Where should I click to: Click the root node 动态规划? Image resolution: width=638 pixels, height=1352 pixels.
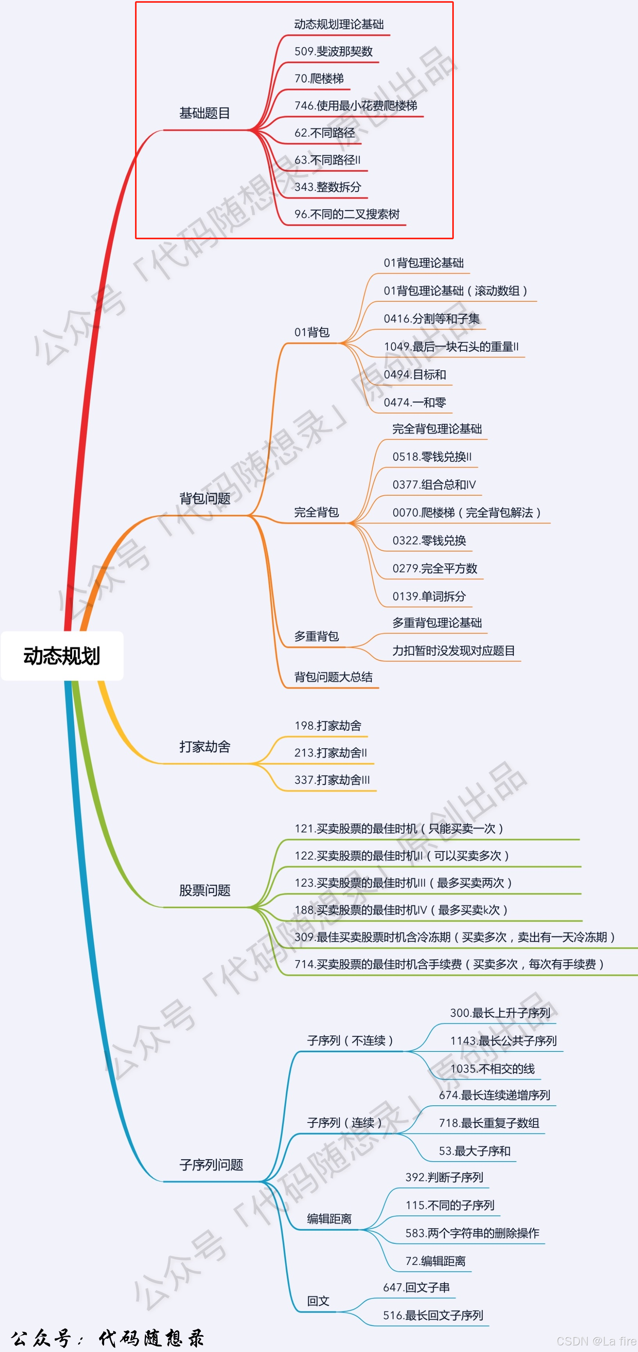(62, 656)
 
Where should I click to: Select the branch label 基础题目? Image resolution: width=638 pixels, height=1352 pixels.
(204, 113)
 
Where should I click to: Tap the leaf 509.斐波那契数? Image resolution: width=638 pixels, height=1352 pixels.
(333, 52)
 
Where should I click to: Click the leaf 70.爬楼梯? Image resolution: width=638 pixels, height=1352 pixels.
(319, 79)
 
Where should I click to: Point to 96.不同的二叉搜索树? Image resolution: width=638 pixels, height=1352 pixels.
(347, 214)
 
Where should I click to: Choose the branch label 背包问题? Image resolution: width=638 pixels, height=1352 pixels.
(204, 498)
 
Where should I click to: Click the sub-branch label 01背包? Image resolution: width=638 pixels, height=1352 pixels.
(312, 332)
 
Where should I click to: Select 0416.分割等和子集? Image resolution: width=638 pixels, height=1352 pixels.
(431, 318)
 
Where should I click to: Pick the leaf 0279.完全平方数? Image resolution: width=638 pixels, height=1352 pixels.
(434, 568)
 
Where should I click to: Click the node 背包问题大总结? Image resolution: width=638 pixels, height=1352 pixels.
(333, 677)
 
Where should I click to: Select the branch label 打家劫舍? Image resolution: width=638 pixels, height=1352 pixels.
(204, 747)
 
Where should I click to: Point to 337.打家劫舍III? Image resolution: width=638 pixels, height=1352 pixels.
(332, 780)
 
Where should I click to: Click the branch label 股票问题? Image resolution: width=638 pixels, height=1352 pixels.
(204, 891)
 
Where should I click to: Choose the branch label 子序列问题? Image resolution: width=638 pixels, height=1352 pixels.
(211, 1165)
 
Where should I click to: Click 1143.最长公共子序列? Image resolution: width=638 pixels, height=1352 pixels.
(503, 1041)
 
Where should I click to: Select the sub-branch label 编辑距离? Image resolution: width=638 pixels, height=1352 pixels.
(329, 1219)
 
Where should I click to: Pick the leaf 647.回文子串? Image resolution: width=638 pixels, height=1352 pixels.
(416, 1288)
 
